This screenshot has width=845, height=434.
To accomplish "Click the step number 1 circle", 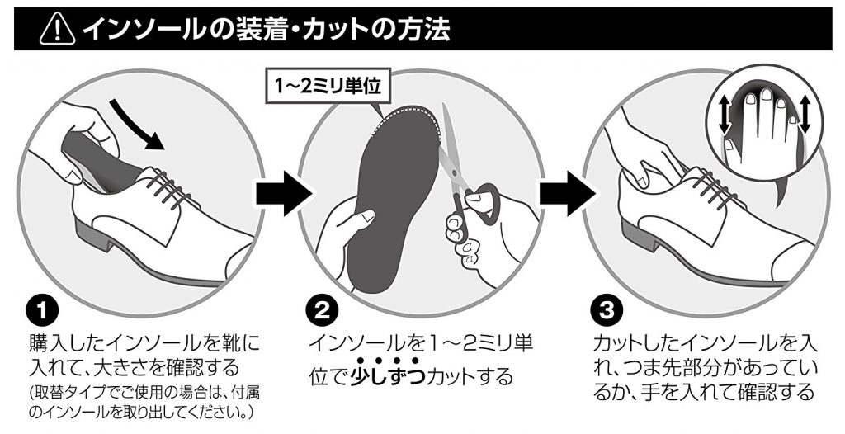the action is coord(42,311).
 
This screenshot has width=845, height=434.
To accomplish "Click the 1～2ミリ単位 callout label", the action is coord(326,87).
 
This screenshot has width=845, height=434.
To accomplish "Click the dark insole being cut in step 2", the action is coord(396,194).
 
